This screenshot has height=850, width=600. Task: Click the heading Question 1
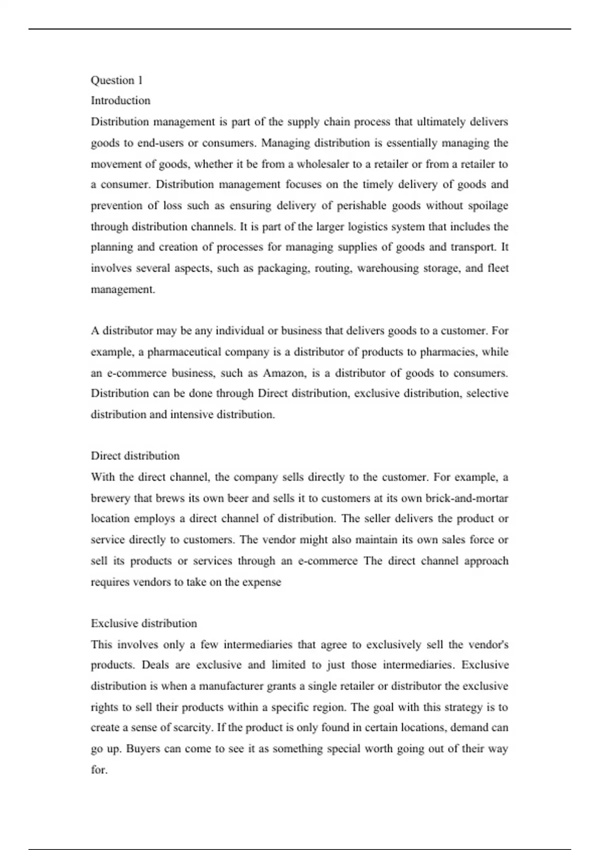[x=116, y=80]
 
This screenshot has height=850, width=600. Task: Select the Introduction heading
[x=120, y=100]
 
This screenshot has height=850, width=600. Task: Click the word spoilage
[x=488, y=205]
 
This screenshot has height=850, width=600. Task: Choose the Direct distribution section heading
[x=135, y=456]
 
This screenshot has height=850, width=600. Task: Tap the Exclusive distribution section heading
[x=144, y=623]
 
